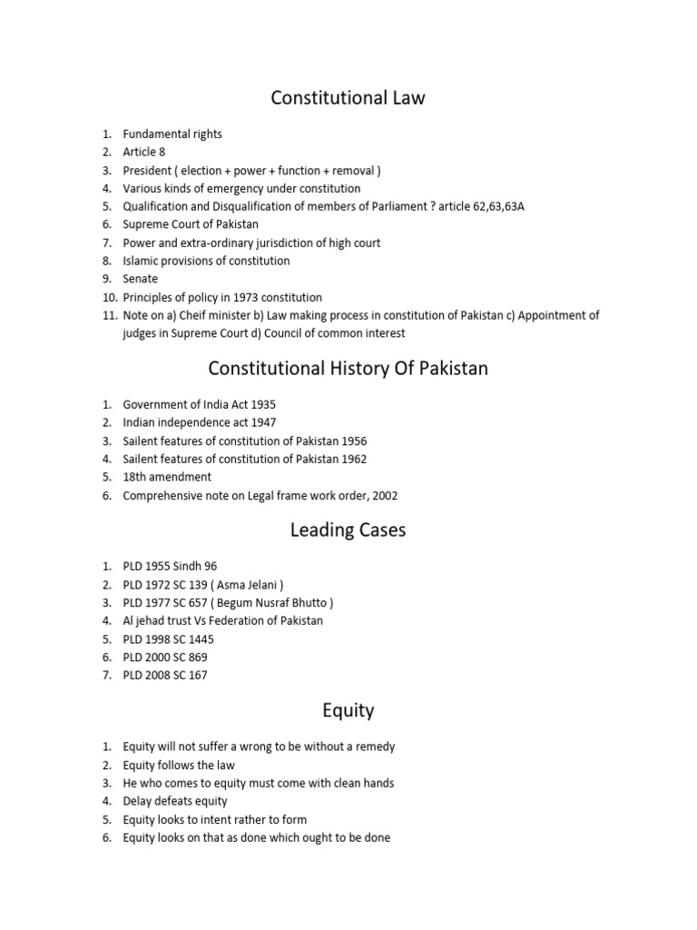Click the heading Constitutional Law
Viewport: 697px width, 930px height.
[348, 98]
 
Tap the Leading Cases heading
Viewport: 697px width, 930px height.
[348, 530]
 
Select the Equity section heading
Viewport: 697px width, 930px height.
[348, 710]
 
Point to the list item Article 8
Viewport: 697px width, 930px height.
[144, 152]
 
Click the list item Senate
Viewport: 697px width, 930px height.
[141, 279]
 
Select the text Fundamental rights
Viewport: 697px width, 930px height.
[172, 134]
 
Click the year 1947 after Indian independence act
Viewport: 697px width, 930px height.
[263, 422]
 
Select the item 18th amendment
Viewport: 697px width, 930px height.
[167, 477]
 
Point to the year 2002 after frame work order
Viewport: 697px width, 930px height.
[384, 496]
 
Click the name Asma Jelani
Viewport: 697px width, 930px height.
[257, 585]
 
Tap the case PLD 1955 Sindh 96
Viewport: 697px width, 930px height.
[171, 566]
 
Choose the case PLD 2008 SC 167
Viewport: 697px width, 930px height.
[165, 675]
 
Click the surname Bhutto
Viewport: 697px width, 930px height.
[308, 603]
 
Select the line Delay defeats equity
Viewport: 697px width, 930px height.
[175, 801]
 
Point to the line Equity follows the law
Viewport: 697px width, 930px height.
[179, 765]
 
